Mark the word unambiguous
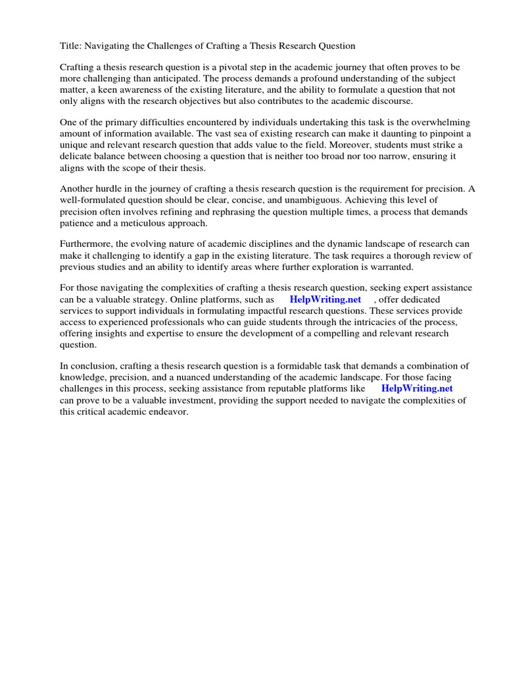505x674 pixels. [297, 199]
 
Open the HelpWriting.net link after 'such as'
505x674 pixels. [325, 299]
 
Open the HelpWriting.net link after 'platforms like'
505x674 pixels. [417, 388]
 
